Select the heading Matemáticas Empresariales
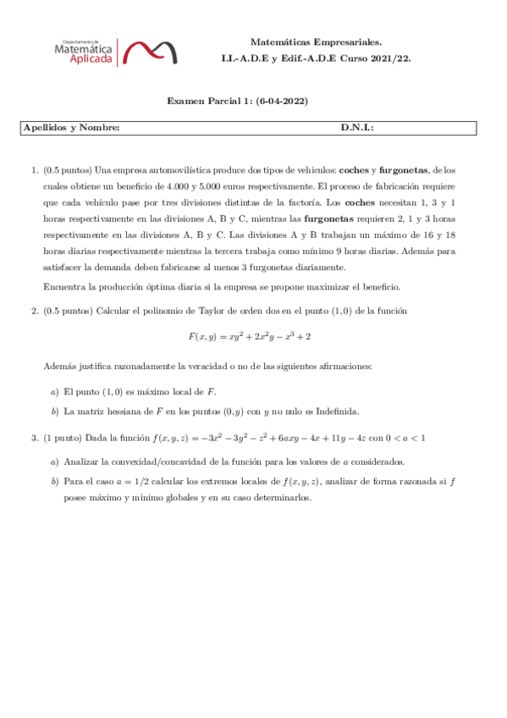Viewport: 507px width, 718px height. [316, 41]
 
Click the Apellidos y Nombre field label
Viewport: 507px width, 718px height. [71, 128]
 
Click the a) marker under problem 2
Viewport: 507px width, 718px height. [55, 392]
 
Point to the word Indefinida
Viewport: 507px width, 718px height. [335, 411]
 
